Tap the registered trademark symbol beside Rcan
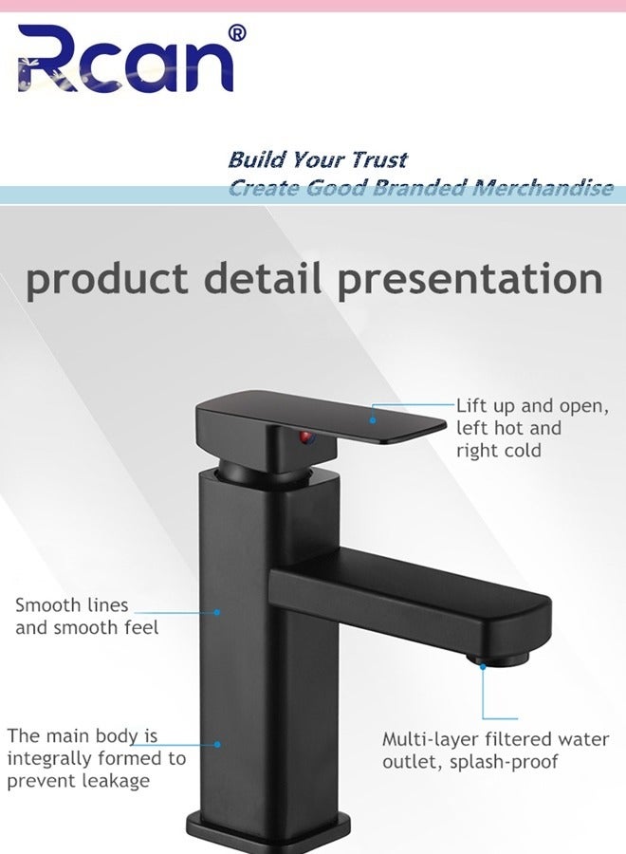coord(237,33)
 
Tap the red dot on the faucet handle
coord(306,437)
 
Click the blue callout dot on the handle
coord(373,418)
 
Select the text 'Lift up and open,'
coord(532,406)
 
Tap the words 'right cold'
coord(498,451)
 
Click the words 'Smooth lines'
coord(71,604)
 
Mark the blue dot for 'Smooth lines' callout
coord(217,612)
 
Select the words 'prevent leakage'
coord(79,781)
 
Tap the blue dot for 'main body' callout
coord(217,745)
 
